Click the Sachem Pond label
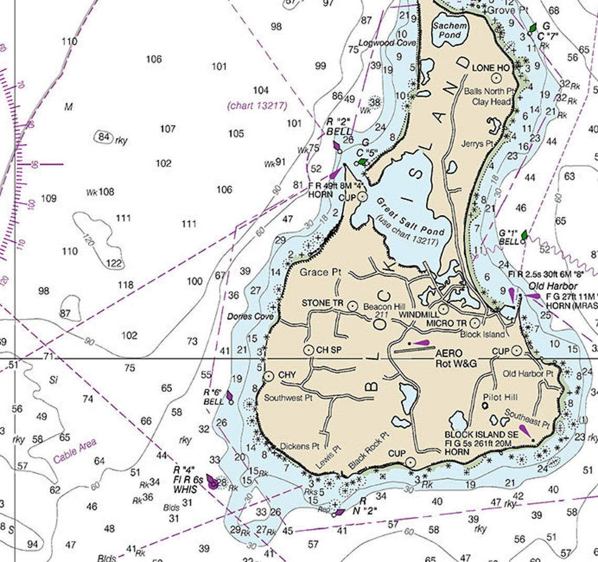tap(450, 30)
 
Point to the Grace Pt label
tap(321, 272)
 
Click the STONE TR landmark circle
tap(353, 304)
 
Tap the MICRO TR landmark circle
tap(475, 323)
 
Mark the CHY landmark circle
tap(269, 376)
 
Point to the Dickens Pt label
tap(300, 447)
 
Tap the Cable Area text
tap(74, 451)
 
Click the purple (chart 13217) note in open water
tap(257, 105)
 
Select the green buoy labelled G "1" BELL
tap(524, 236)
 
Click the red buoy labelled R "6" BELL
tap(230, 397)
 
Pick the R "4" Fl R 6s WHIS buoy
tap(212, 482)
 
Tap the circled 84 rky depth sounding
tap(104, 138)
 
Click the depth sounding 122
tap(114, 263)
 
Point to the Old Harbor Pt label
tap(528, 374)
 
